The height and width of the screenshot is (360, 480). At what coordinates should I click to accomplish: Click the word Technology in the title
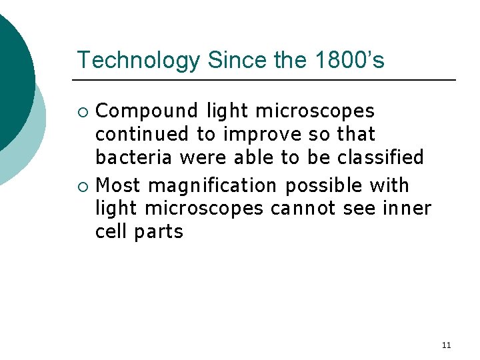(x=138, y=60)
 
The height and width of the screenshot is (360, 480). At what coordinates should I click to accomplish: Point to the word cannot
(x=303, y=208)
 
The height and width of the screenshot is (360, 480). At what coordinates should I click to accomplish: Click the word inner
(x=407, y=208)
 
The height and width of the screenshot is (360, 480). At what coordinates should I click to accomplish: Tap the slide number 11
(x=446, y=345)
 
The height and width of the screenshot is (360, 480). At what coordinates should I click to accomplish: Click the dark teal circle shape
(x=12, y=80)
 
